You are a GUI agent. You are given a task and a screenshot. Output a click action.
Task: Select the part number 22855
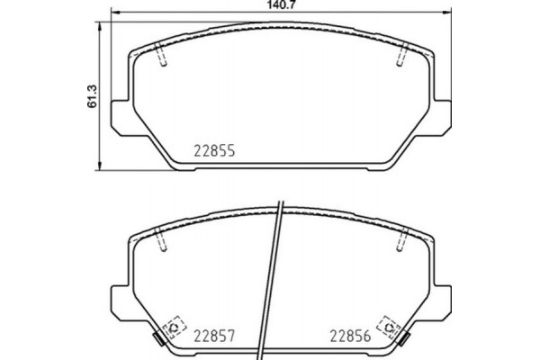216,152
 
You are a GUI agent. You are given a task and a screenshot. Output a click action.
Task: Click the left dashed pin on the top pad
161,56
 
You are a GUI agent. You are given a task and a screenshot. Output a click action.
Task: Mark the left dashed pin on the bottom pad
161,241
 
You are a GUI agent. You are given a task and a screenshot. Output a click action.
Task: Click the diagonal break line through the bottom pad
274,279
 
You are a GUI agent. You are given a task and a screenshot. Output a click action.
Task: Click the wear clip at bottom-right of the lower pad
404,340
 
